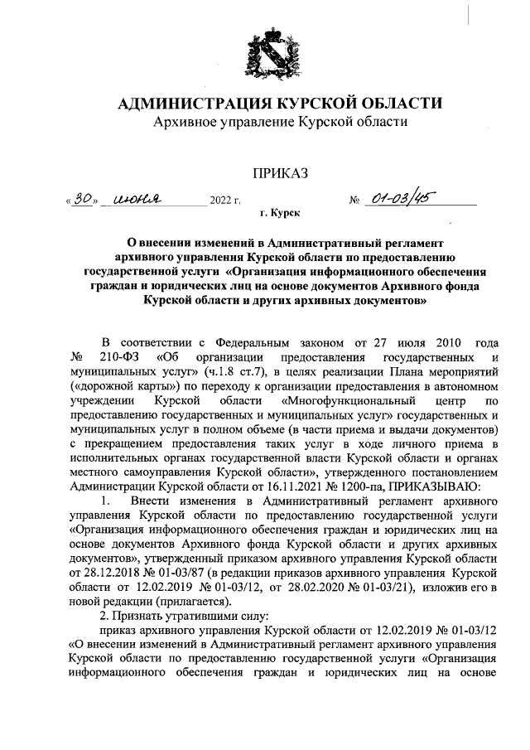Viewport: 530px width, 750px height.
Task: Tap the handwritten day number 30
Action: click(x=81, y=199)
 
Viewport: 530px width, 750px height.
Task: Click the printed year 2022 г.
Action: click(x=225, y=201)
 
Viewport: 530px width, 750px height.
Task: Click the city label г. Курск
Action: click(x=281, y=215)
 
